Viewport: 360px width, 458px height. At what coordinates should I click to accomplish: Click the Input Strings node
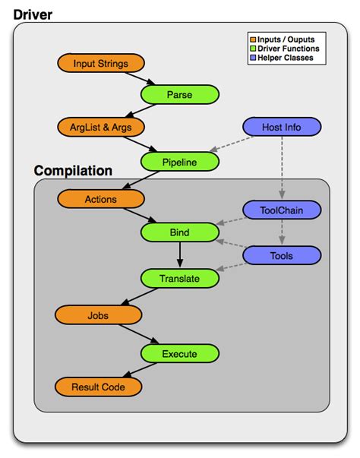101,63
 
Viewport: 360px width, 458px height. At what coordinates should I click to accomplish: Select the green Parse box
179,94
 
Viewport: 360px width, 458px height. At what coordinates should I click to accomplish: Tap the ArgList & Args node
101,127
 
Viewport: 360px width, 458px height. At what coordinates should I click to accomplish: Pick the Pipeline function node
179,162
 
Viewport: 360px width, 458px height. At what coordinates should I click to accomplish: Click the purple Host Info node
282,127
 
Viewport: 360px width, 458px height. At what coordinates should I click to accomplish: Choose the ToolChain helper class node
282,210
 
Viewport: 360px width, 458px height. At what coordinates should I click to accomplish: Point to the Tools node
282,255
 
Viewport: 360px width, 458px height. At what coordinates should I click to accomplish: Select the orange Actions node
101,199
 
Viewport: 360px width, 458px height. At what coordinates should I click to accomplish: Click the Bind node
179,232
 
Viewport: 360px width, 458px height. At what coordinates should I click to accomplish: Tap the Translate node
179,278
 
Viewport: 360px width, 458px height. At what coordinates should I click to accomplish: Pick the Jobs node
99,315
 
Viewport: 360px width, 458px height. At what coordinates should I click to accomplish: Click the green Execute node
179,354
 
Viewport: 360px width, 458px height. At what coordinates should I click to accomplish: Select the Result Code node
99,387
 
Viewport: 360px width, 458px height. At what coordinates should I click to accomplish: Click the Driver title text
33,15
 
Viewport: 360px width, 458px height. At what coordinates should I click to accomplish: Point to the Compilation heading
73,171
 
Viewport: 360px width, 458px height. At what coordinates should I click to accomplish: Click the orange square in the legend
253,39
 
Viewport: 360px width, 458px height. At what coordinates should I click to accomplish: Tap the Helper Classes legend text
286,58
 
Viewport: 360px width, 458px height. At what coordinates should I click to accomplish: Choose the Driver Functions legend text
288,49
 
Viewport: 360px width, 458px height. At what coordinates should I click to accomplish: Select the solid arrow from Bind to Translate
180,254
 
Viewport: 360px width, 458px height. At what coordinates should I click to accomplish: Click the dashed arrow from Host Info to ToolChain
282,167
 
